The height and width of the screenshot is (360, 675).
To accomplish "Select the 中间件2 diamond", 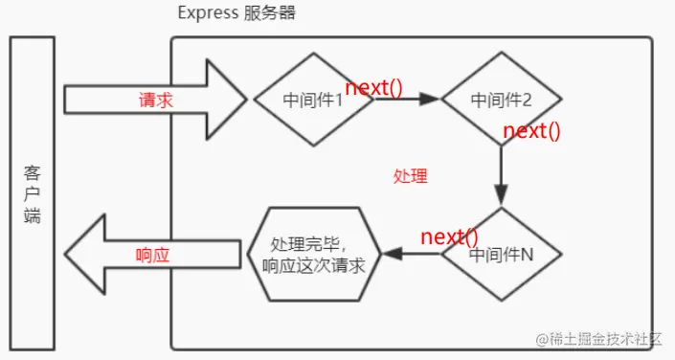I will (502, 99).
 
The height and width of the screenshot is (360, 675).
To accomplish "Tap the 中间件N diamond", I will (502, 256).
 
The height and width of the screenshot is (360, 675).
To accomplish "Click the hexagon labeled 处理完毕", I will (313, 255).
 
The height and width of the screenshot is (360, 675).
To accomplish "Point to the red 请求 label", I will (155, 100).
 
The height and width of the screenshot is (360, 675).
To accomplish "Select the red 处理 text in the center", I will (410, 177).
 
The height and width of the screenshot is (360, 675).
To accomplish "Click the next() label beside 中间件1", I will (374, 88).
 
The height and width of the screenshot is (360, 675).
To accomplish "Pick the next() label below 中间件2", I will (530, 131).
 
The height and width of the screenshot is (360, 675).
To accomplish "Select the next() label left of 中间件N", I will (449, 236).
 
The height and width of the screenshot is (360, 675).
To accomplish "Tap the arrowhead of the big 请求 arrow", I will (228, 99).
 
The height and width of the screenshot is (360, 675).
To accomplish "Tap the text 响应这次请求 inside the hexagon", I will (313, 266).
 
